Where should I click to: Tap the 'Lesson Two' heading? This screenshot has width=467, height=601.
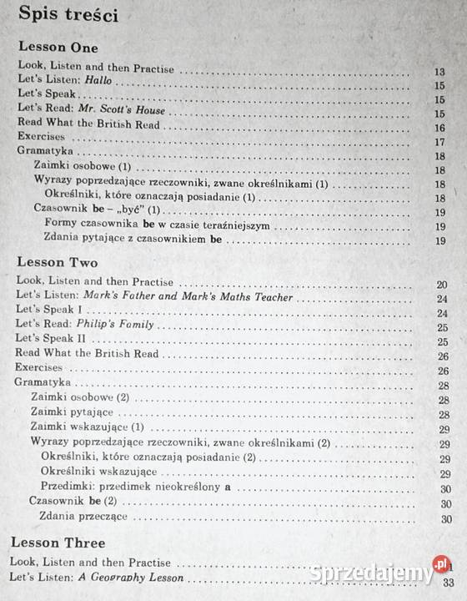57,261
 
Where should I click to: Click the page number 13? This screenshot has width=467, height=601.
439,72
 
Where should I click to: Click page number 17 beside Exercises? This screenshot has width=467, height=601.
439,142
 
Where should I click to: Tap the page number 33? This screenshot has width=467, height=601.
449,582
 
